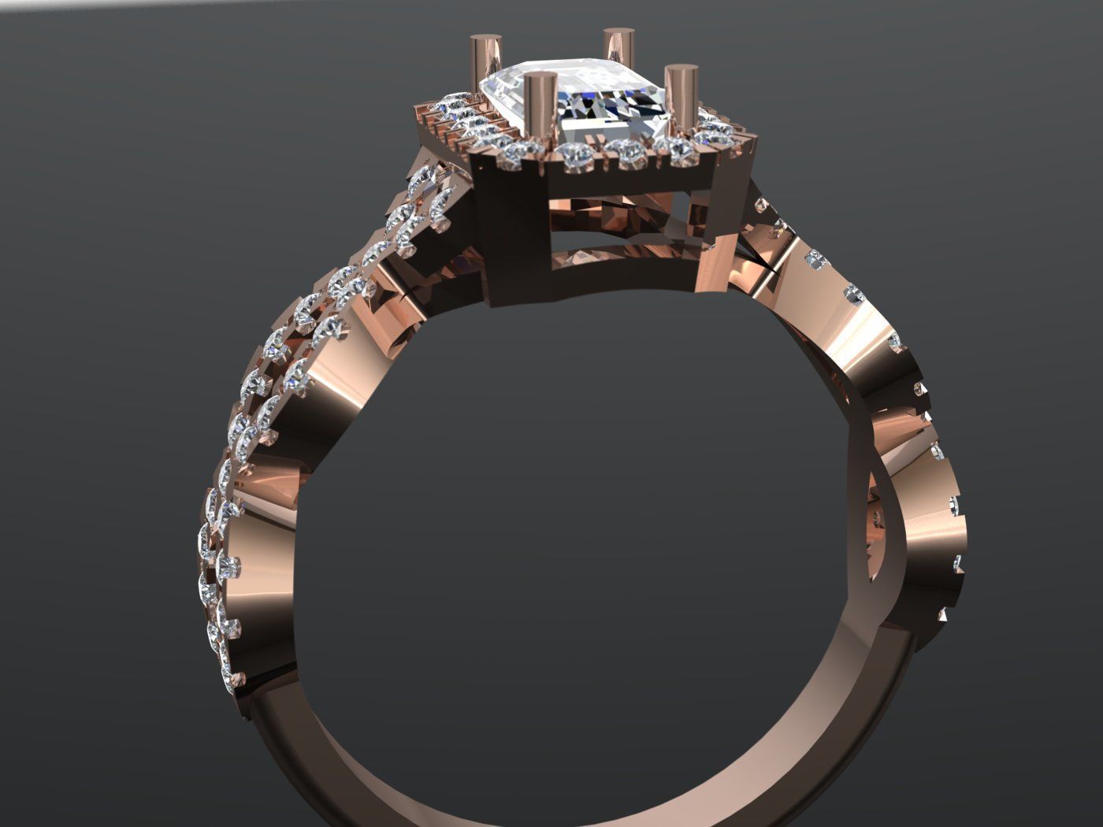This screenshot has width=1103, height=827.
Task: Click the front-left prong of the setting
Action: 540,110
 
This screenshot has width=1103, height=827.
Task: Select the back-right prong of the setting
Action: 618,51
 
